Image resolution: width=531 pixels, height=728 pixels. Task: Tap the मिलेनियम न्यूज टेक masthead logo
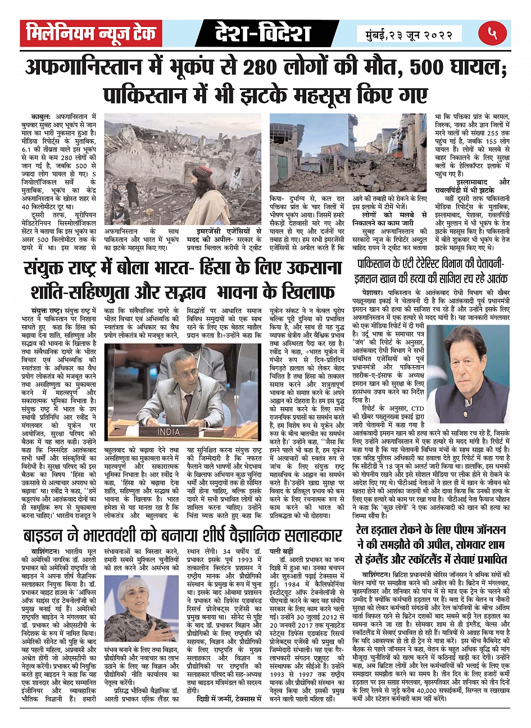coord(91,33)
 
